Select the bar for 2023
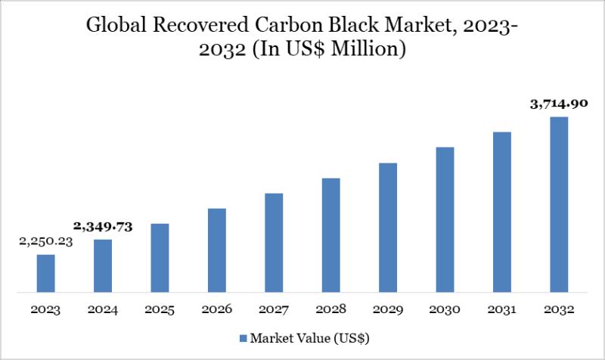[45, 273]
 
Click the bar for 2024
[103, 265]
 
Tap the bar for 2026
[217, 250]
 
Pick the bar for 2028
[330, 234]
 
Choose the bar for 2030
[445, 219]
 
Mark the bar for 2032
[559, 204]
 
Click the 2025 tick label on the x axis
[160, 310]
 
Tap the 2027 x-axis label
[274, 310]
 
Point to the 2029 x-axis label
[388, 310]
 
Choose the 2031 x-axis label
[502, 310]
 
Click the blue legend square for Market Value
[243, 337]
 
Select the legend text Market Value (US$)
[310, 337]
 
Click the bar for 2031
[502, 212]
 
